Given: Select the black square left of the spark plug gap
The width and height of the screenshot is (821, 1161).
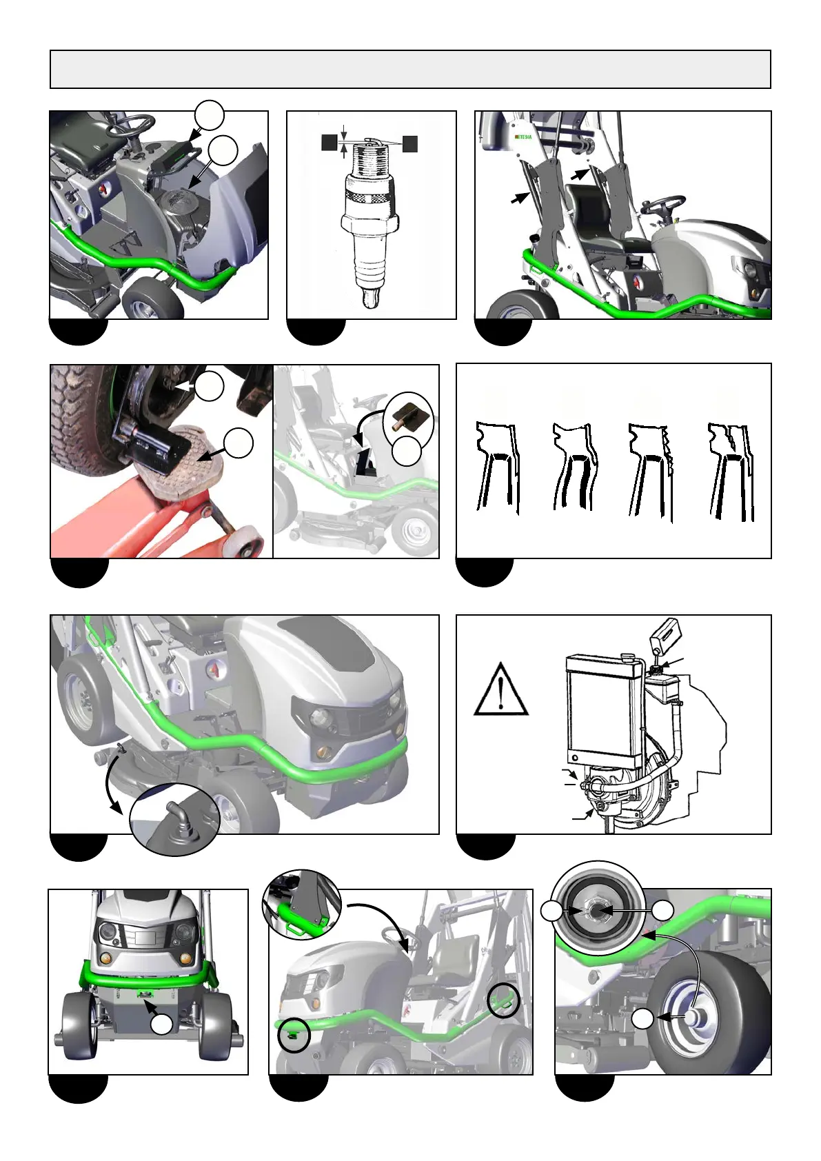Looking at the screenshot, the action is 329,143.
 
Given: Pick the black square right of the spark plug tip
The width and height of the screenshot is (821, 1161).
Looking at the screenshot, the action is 410,143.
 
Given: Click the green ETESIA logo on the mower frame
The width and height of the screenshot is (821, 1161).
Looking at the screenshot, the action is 523,137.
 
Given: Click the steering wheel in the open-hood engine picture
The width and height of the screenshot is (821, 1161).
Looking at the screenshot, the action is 130,124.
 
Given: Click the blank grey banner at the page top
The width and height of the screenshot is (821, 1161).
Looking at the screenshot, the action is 410,70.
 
